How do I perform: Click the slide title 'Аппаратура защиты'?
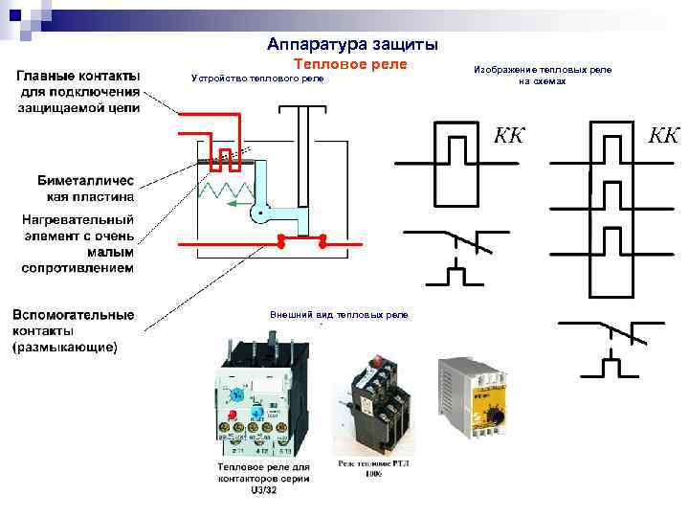[353, 44]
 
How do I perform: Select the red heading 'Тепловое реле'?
[349, 63]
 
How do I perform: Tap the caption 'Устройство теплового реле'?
[258, 79]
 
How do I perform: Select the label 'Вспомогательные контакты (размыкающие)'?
[73, 330]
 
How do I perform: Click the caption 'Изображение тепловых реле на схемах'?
[543, 76]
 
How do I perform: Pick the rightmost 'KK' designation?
[663, 134]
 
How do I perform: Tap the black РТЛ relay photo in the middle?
[375, 402]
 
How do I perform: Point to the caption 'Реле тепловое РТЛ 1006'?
[373, 468]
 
